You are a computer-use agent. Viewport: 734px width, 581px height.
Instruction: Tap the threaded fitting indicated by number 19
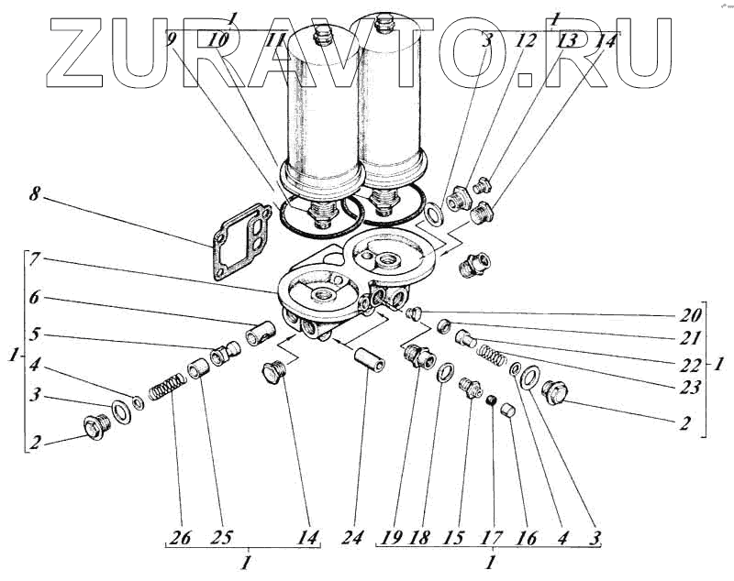(x=416, y=355)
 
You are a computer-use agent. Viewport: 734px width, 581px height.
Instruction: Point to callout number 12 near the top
(x=528, y=40)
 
